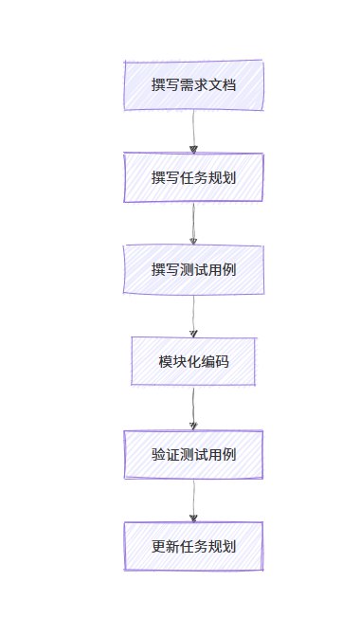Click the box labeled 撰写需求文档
tap(193, 85)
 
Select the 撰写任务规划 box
tap(193, 177)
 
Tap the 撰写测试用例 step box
tap(193, 269)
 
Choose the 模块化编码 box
tap(193, 361)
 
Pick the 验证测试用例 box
tap(193, 454)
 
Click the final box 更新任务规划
tap(193, 546)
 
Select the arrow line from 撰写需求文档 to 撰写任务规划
tap(193, 127)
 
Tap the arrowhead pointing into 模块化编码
tap(193, 333)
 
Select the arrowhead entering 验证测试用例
tap(193, 425)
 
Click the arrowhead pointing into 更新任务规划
tap(193, 517)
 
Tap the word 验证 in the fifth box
tap(166, 454)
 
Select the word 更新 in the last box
tap(166, 546)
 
